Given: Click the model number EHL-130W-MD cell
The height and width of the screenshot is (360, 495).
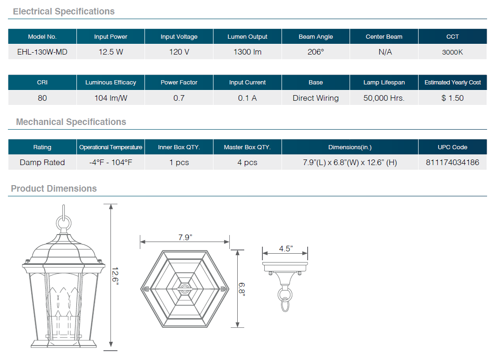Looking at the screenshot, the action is [x=42, y=52].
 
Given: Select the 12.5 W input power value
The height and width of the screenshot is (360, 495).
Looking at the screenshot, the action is [x=110, y=52].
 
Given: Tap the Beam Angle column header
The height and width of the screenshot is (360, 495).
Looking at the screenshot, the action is [x=316, y=37].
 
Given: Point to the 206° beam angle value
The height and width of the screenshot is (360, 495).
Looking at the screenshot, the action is [x=316, y=52].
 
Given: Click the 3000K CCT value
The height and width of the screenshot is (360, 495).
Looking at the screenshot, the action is [x=453, y=52].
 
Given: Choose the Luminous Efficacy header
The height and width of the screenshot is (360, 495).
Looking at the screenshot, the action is [x=110, y=83].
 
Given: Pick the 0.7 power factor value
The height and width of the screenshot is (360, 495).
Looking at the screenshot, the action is [x=179, y=98].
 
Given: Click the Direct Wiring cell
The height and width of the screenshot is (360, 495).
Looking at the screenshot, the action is [x=316, y=98].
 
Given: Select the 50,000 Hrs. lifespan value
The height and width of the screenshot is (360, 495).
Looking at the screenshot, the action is [x=384, y=98].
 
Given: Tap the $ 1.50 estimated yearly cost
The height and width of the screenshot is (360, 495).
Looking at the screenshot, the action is [x=453, y=98].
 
